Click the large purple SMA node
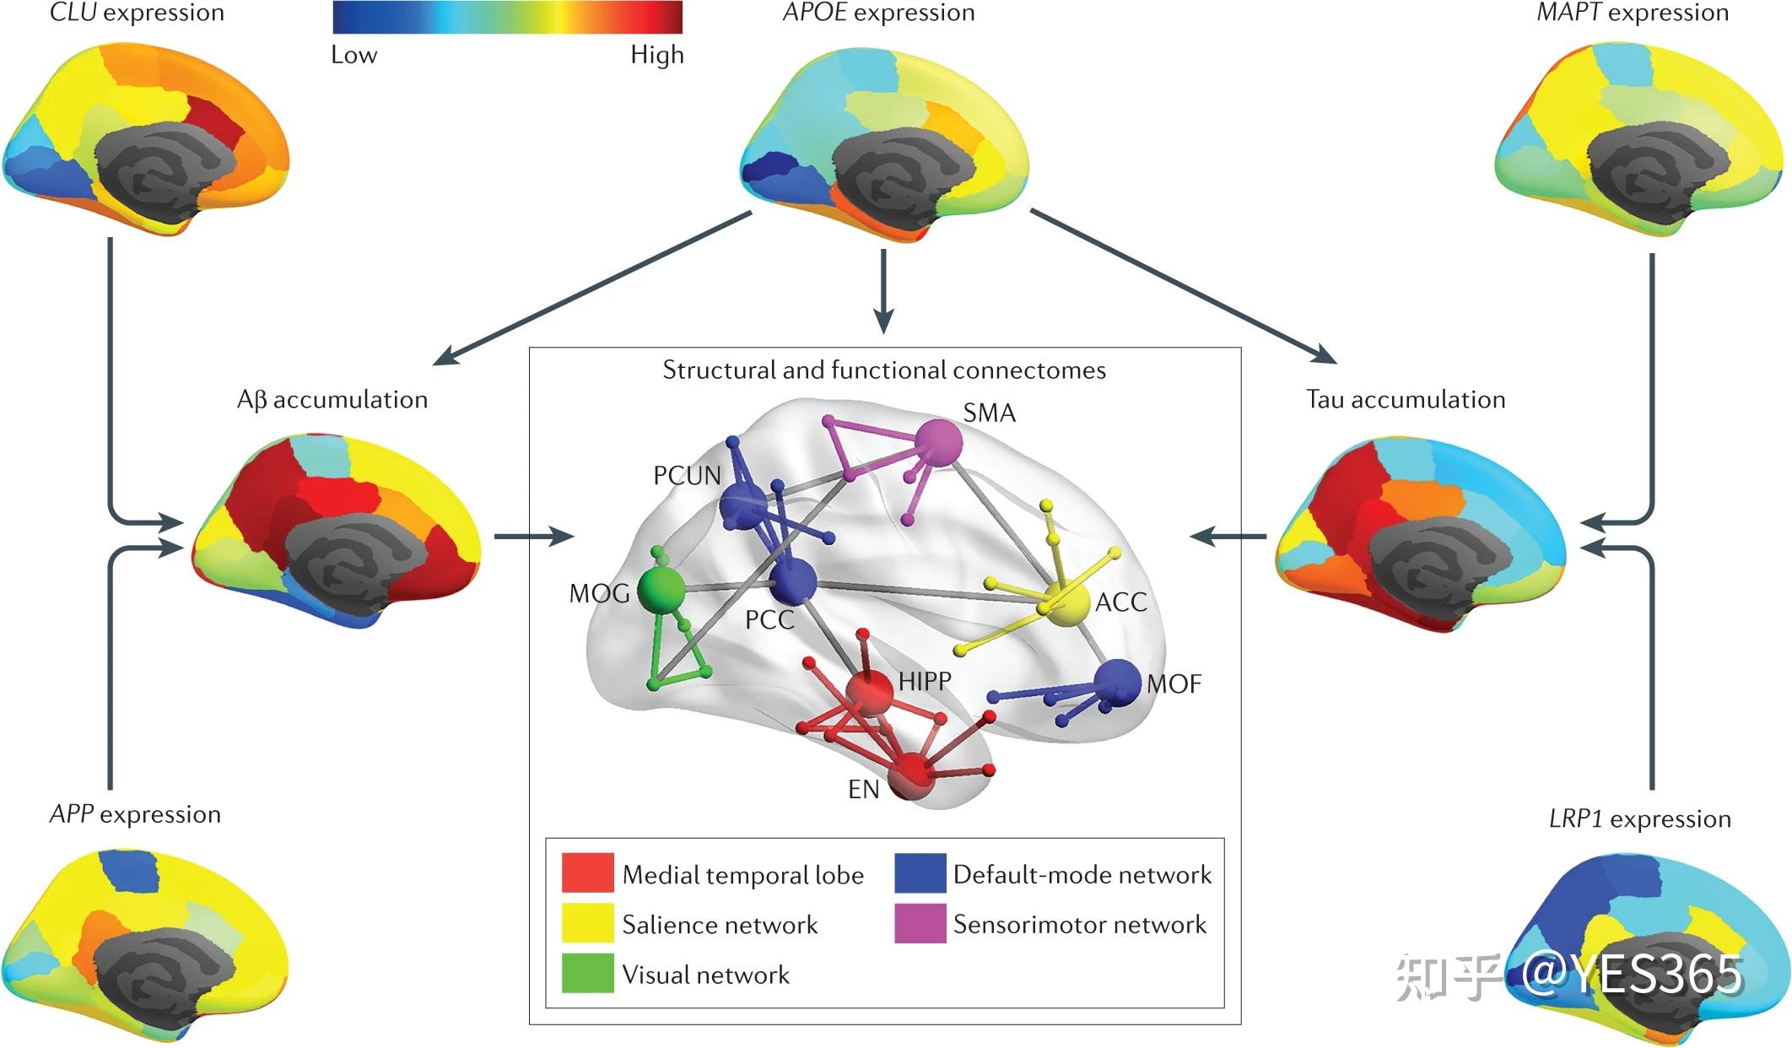(x=938, y=440)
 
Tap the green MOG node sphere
(x=660, y=589)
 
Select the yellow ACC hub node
(x=1067, y=604)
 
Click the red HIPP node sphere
(x=869, y=692)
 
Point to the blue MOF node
(x=1117, y=682)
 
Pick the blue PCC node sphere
(x=793, y=581)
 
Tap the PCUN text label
(x=687, y=476)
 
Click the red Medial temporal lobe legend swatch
(x=587, y=872)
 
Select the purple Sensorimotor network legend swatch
(x=920, y=923)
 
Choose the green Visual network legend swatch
(x=587, y=973)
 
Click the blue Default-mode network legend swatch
(x=920, y=872)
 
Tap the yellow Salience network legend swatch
(x=587, y=923)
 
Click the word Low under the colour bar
(x=354, y=56)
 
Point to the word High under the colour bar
(x=656, y=56)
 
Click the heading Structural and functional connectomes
(x=883, y=370)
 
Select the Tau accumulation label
(x=1405, y=399)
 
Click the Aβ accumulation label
(x=332, y=399)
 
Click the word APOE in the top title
(x=814, y=13)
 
